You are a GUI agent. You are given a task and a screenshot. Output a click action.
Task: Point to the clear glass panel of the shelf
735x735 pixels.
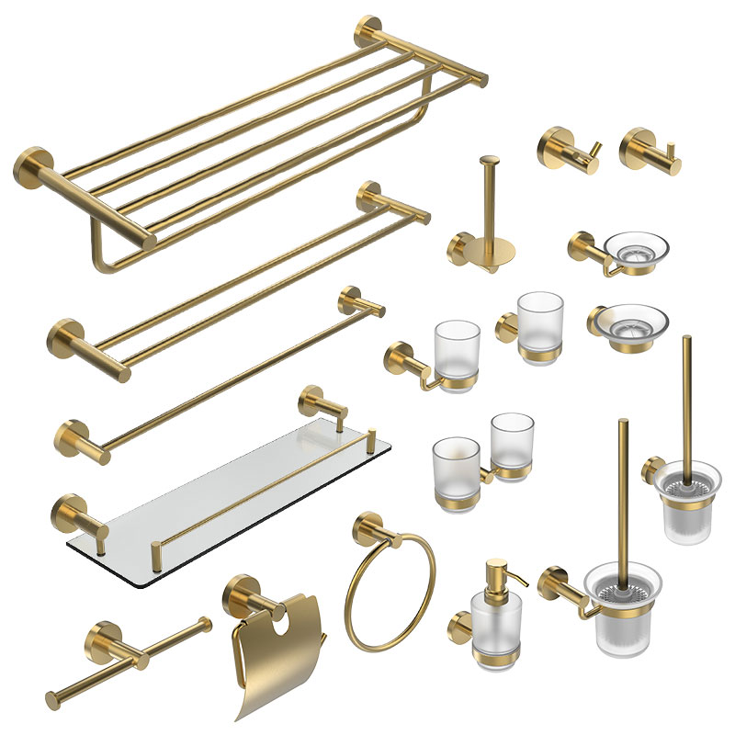click(230, 496)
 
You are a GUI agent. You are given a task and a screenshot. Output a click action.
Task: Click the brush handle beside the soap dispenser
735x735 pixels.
click(623, 487)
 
